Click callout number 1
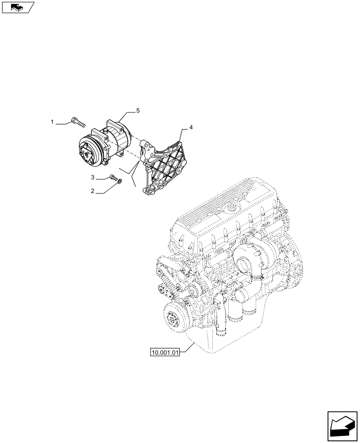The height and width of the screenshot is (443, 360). point(52,121)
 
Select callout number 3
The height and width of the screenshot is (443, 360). point(93,178)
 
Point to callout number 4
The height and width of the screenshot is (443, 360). point(191,128)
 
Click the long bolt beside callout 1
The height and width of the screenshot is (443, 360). point(77,121)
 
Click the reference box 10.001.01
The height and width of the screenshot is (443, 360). point(164,353)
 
